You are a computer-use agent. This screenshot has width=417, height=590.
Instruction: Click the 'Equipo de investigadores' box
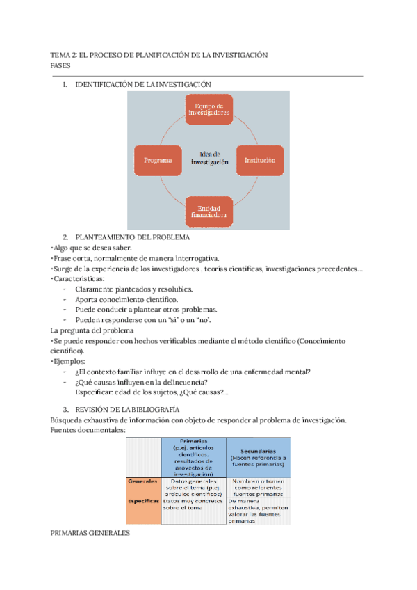pyautogui.click(x=208, y=109)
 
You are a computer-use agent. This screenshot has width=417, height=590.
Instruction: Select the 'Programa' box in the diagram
pyautogui.click(x=158, y=160)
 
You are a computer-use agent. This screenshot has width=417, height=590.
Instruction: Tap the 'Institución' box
pyautogui.click(x=260, y=160)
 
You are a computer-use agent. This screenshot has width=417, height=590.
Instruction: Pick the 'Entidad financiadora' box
pyautogui.click(x=208, y=212)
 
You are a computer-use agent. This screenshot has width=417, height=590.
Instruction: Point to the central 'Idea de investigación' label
pyautogui.click(x=209, y=157)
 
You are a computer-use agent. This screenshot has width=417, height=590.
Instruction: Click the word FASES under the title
pyautogui.click(x=61, y=65)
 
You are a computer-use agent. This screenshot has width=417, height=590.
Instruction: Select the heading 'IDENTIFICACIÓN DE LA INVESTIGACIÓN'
pyautogui.click(x=142, y=84)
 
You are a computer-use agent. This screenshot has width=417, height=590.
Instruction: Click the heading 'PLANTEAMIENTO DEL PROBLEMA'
pyautogui.click(x=132, y=237)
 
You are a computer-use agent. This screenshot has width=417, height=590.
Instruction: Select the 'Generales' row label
pyautogui.click(x=143, y=481)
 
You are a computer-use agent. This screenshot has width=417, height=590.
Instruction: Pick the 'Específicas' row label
pyautogui.click(x=143, y=500)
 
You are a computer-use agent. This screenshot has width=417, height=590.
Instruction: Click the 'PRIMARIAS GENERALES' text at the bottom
pyautogui.click(x=90, y=533)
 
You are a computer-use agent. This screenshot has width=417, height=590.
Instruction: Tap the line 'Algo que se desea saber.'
pyautogui.click(x=92, y=248)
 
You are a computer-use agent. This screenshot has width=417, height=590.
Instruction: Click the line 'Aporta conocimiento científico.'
pyautogui.click(x=122, y=299)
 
